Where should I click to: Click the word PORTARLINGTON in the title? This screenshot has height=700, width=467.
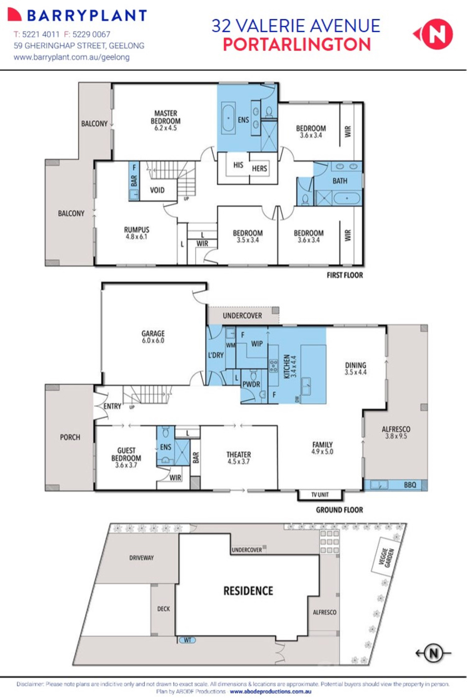(297, 45)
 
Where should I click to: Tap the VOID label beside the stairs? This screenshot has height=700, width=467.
(157, 190)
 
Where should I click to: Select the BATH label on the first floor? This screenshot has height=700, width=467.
(340, 181)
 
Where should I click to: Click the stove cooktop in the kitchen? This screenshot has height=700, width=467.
(273, 366)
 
